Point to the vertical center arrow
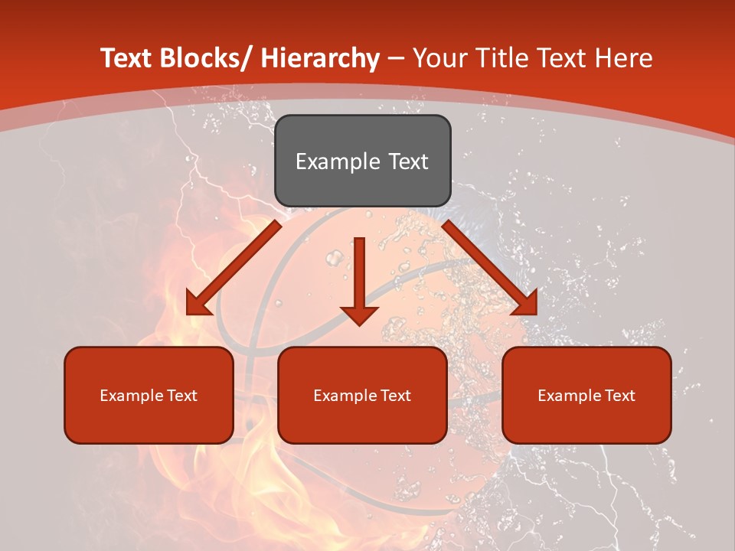(x=359, y=275)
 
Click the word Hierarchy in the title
(x=320, y=58)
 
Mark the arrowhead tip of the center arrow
(x=359, y=324)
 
